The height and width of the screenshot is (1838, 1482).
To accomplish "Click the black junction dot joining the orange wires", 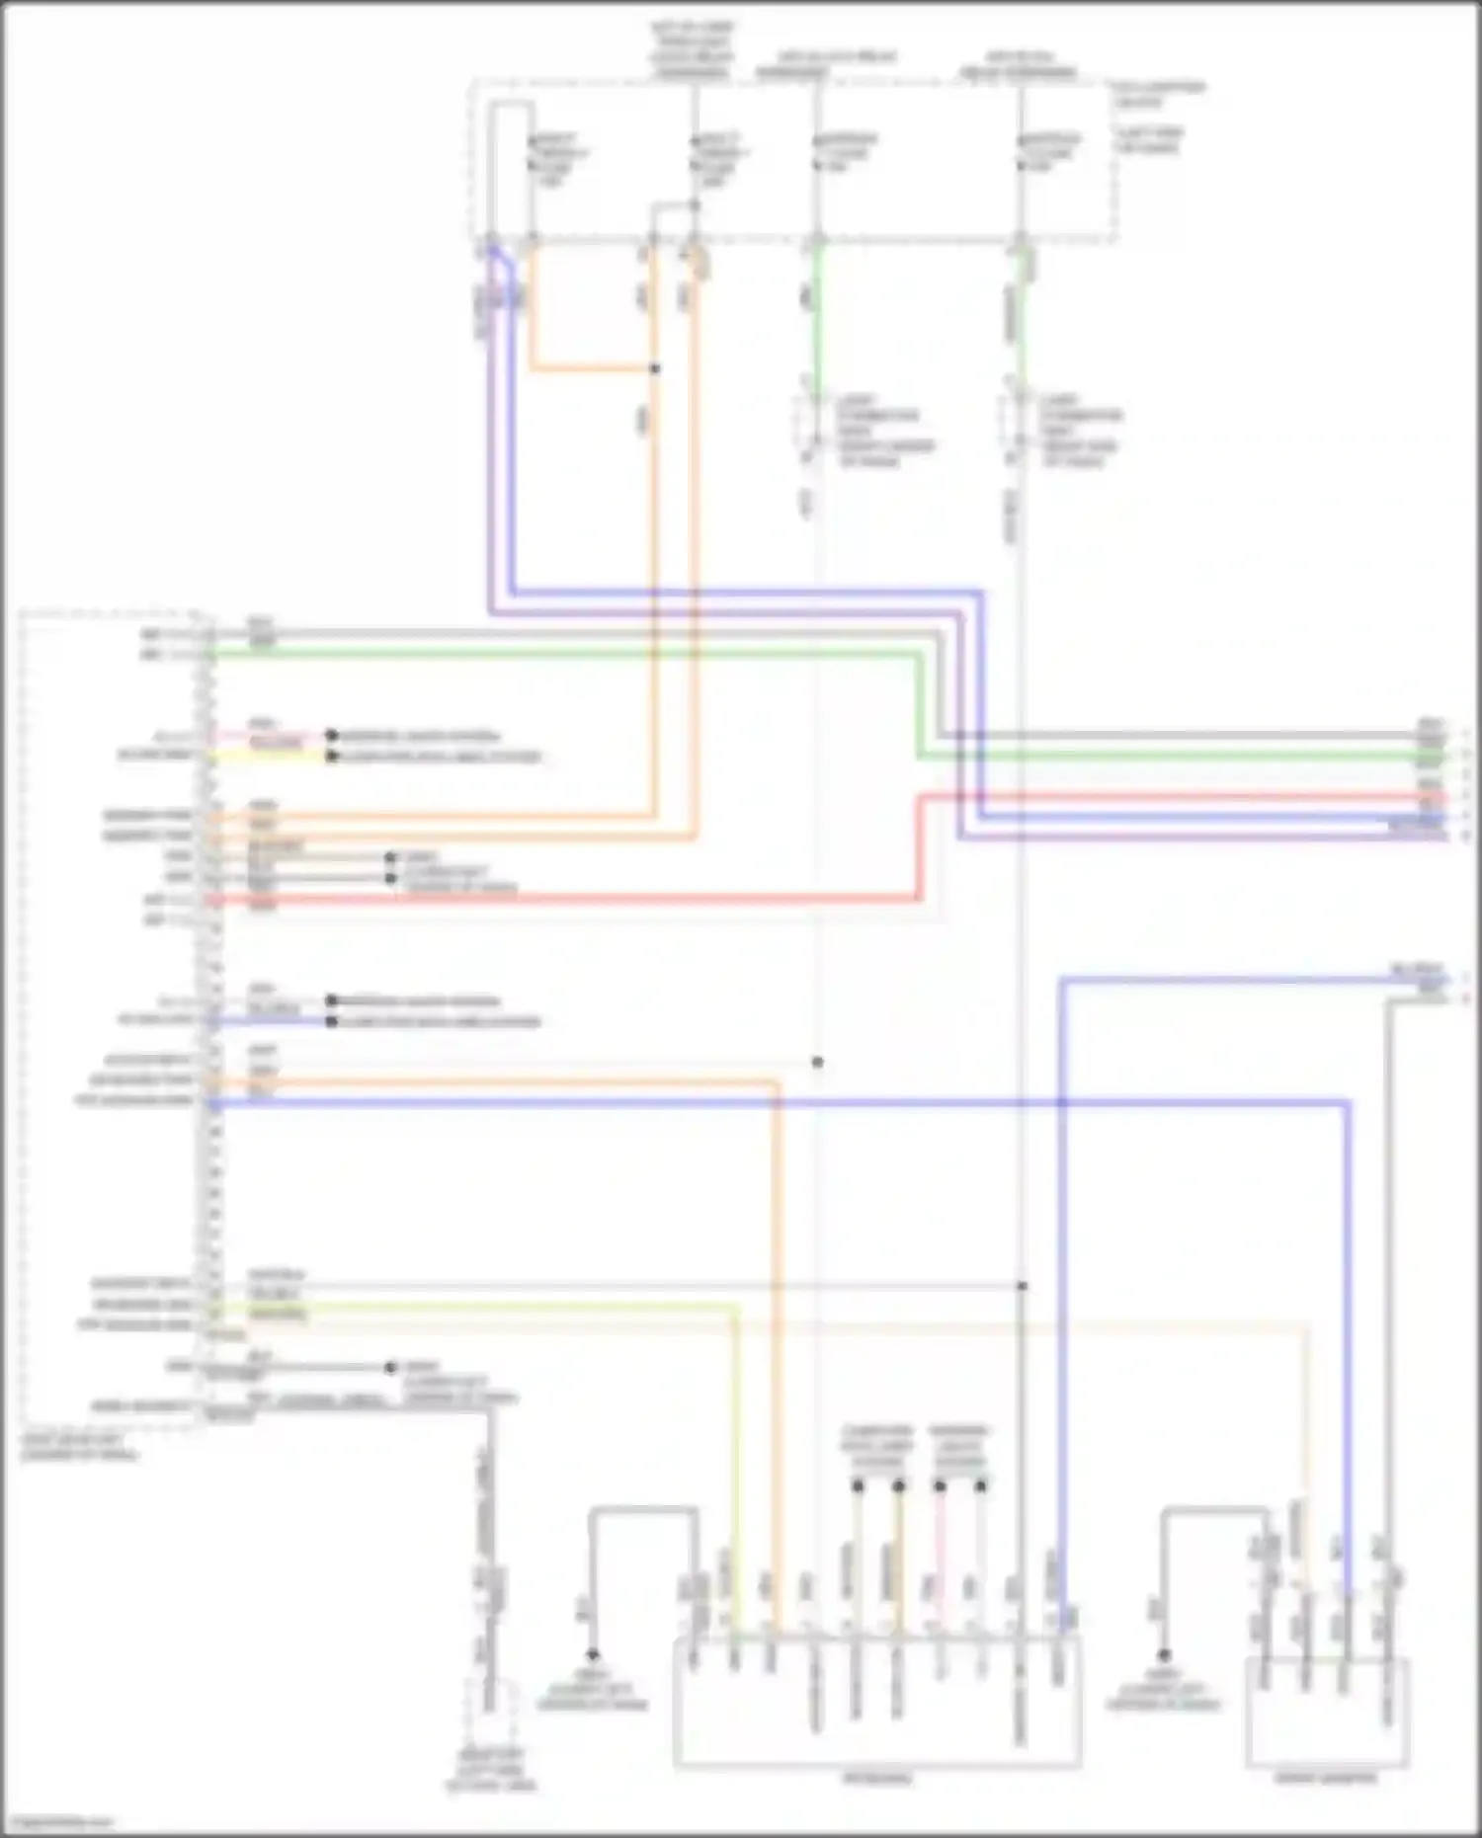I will coord(654,368).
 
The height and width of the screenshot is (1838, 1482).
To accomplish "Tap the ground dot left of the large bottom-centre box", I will coord(593,1654).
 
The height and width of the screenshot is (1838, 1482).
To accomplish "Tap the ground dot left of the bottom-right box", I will coord(1164,1654).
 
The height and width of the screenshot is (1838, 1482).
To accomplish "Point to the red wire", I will coord(593,899).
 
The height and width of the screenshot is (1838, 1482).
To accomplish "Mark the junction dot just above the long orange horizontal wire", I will coord(817,1062).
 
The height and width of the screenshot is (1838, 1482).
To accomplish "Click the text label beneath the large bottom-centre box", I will coord(877,1779).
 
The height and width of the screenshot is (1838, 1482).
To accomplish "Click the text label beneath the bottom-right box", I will coord(1327,1779).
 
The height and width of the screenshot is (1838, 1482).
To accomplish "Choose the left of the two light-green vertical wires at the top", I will coord(815,306).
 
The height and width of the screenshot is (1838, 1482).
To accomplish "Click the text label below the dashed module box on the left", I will coord(79,1448).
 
